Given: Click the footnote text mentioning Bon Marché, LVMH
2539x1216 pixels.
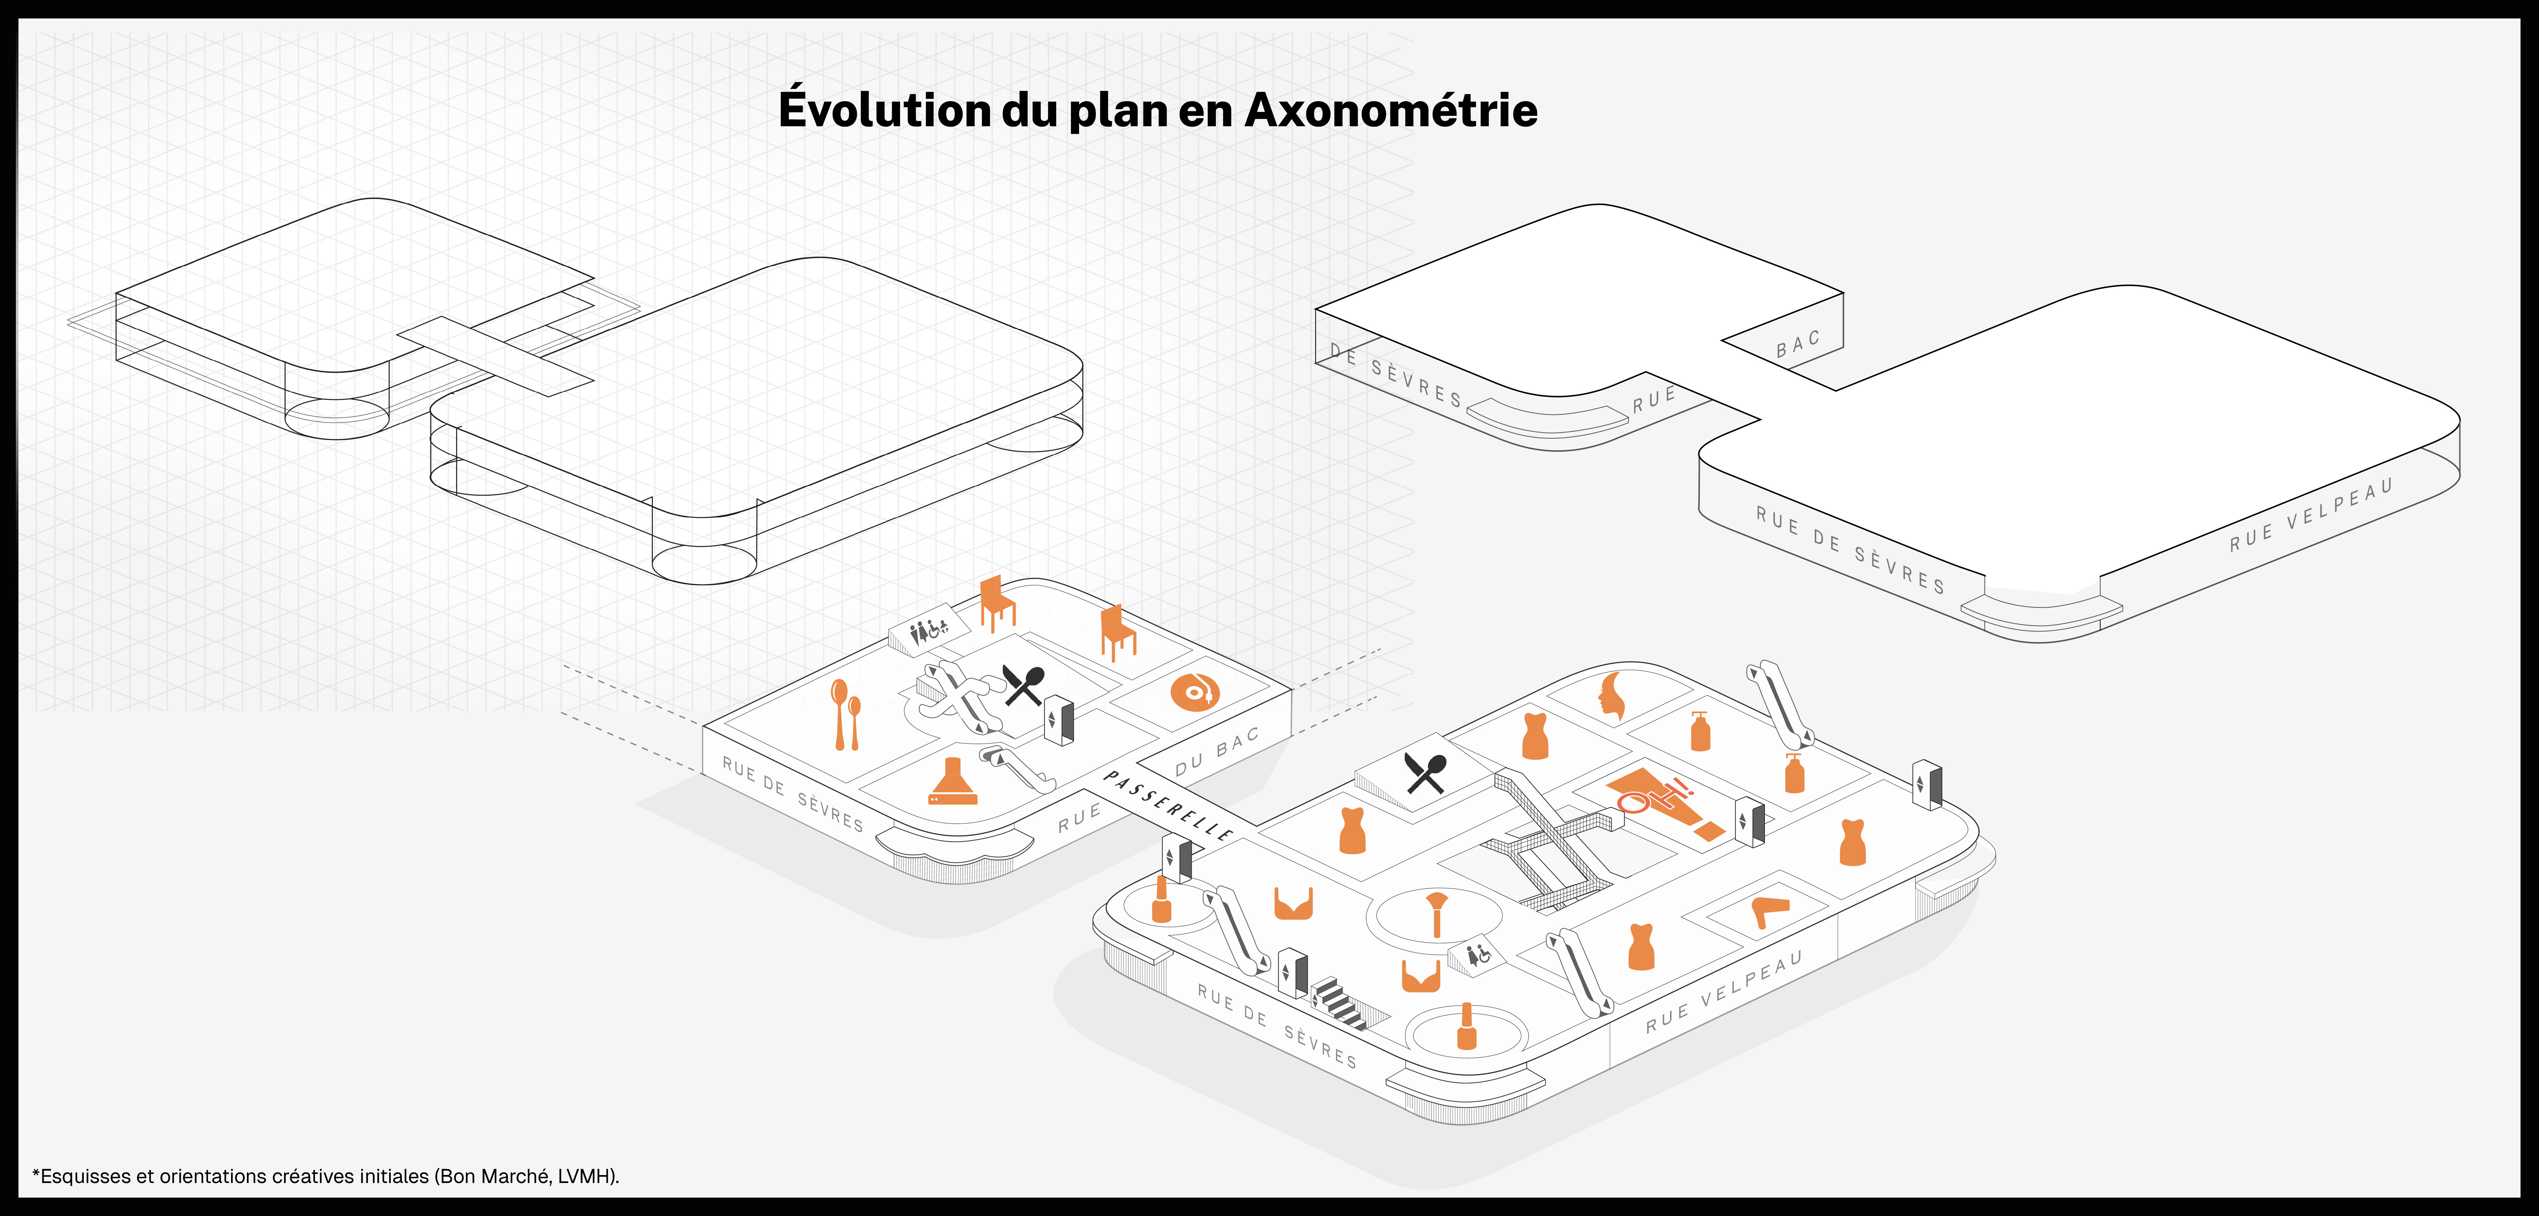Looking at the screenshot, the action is click(x=325, y=1176).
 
